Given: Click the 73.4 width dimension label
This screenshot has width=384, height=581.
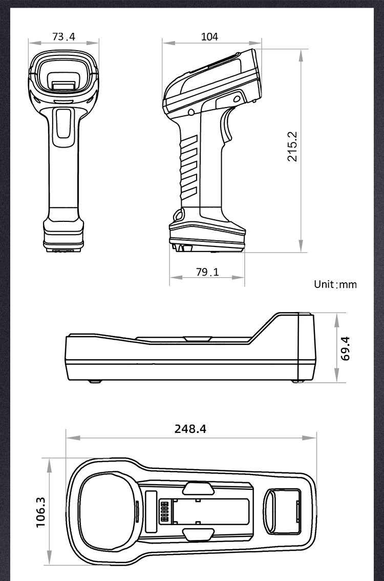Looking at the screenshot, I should tap(63, 36).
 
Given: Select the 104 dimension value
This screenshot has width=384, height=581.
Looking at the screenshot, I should tap(209, 36).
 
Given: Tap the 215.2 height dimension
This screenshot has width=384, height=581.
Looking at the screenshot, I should tap(292, 146).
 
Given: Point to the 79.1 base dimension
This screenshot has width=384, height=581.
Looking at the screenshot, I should tap(207, 272).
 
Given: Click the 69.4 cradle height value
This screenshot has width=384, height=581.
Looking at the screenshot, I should tap(346, 348).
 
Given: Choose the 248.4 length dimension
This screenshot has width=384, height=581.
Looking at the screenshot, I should tap(190, 429).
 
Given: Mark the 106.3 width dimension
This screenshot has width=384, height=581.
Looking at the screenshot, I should tap(41, 511).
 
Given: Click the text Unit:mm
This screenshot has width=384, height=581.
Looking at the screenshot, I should tap(335, 284).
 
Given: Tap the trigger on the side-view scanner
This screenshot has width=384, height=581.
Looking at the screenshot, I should tap(226, 128).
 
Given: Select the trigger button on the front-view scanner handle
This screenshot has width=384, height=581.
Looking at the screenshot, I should tap(64, 123).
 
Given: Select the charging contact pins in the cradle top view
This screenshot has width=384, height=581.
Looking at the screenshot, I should tap(165, 511).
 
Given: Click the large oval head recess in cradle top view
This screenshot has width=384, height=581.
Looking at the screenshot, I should tap(108, 511).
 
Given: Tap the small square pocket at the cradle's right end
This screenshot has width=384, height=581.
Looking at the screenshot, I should tap(281, 511).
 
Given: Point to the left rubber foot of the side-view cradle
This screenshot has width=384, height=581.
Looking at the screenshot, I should tap(93, 381).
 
